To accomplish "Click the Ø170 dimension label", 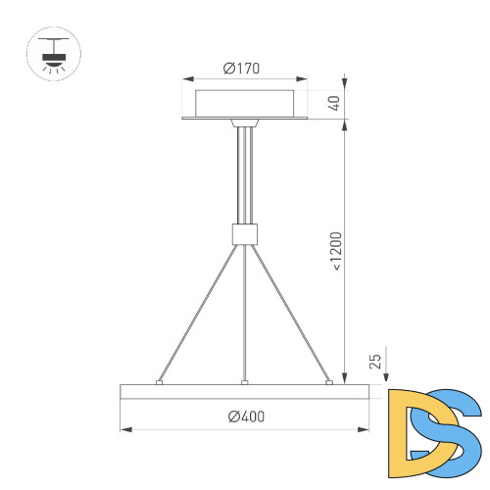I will pyautogui.click(x=240, y=69).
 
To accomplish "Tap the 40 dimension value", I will pyautogui.click(x=335, y=103).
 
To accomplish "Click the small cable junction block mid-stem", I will pyautogui.click(x=243, y=233).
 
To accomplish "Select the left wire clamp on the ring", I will pyautogui.click(x=160, y=380).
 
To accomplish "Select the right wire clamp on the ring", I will pyautogui.click(x=329, y=380).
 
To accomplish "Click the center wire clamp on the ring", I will pyautogui.click(x=244, y=380).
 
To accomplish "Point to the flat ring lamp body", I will pyautogui.click(x=244, y=390).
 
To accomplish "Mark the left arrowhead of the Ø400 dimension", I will pyautogui.click(x=123, y=429).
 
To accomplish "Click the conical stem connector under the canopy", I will pyautogui.click(x=243, y=123).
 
